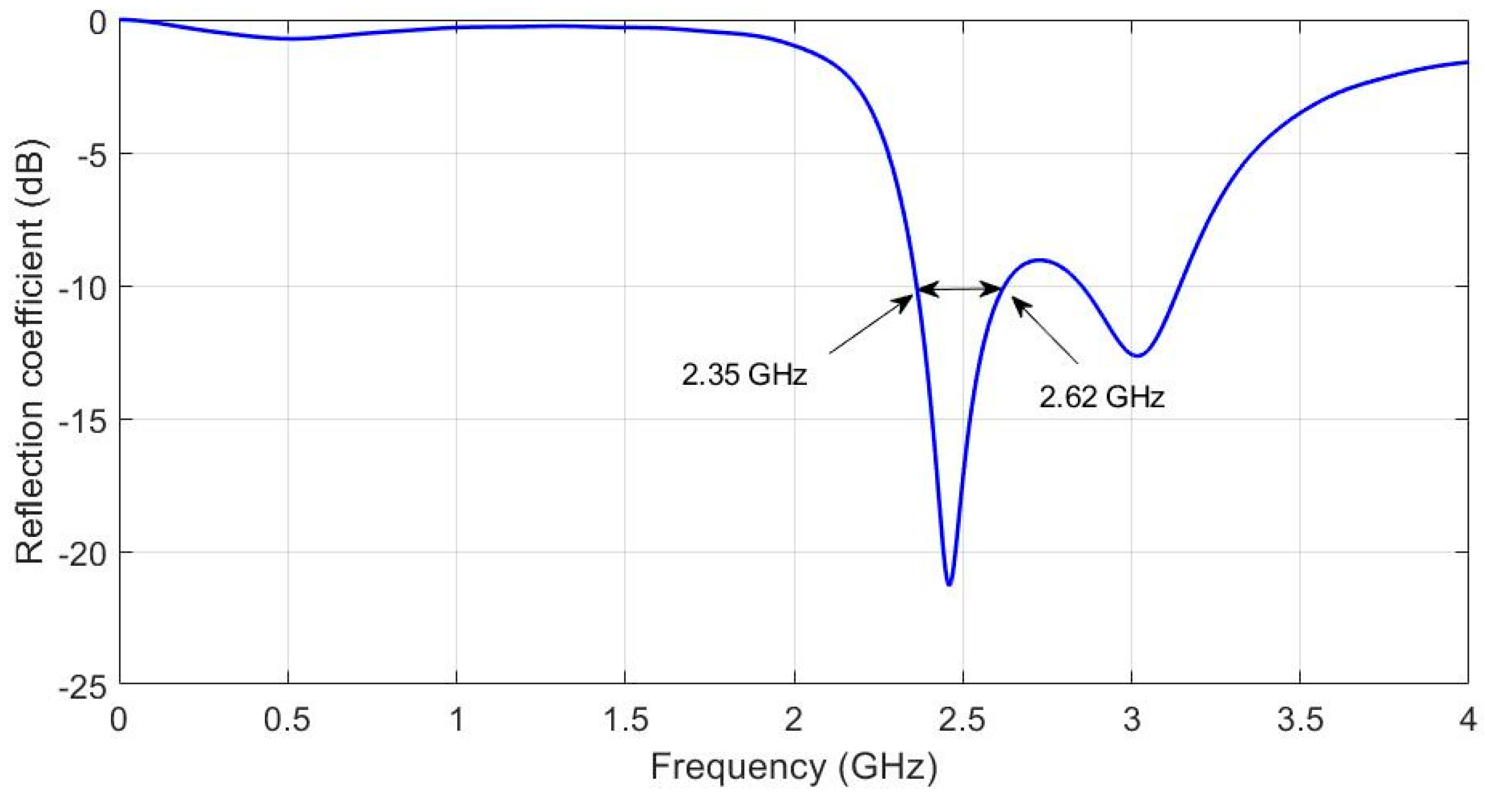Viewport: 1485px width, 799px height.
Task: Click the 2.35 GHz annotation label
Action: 744,376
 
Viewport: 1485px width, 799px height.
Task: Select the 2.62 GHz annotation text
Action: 1102,397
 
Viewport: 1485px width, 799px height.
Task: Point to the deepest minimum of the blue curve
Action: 949,584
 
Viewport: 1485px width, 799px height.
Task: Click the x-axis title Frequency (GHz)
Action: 794,768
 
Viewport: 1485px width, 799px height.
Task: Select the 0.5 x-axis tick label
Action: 287,721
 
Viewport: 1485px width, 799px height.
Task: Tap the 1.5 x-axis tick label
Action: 625,721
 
